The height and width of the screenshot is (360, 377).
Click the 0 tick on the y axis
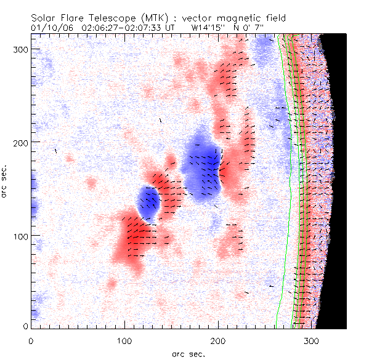[25, 326]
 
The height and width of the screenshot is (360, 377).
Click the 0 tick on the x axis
[31, 340]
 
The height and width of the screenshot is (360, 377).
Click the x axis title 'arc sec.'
[188, 354]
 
